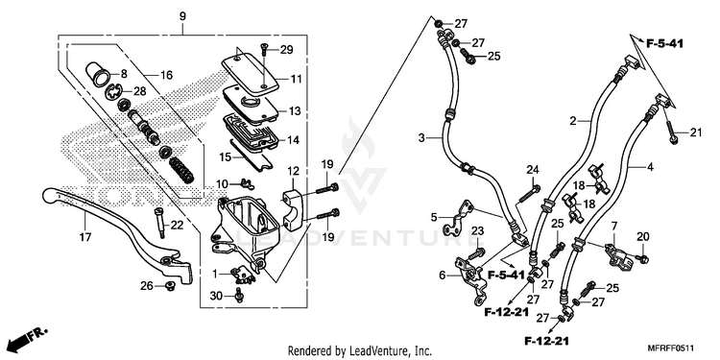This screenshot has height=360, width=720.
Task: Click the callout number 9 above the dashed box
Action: (182, 16)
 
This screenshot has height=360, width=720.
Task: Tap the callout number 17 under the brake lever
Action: (85, 237)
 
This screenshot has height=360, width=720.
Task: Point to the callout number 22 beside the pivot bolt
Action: (177, 225)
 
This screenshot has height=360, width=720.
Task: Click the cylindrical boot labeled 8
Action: (98, 73)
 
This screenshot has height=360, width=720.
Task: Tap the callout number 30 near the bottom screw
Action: (217, 297)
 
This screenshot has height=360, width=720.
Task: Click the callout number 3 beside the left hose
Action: (421, 137)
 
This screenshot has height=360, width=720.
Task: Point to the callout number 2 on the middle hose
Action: (572, 121)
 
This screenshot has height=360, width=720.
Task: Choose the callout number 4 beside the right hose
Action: (650, 168)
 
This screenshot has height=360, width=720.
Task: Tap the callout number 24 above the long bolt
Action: (532, 170)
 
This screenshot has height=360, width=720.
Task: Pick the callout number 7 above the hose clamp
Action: (613, 226)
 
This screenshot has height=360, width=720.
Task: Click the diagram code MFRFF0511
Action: (671, 348)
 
